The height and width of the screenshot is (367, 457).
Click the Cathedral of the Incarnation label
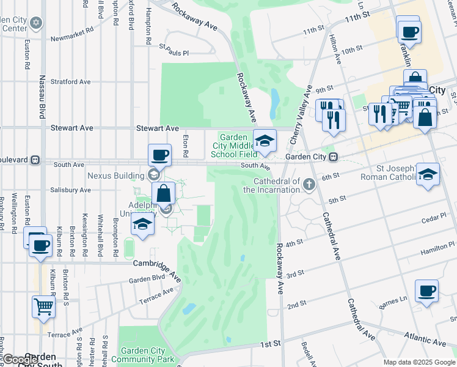coord(272,185)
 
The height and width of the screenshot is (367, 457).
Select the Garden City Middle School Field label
coord(232,146)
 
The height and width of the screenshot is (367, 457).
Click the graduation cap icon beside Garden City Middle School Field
coord(265,141)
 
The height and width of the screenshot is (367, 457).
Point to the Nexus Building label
coord(115,176)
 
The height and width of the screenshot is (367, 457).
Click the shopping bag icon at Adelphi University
coord(164,193)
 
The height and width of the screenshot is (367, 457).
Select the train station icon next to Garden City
coord(333,157)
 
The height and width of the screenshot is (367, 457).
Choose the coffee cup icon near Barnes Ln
coord(426,291)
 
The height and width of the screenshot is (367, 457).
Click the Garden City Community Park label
coord(143,355)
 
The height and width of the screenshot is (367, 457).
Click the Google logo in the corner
coord(20,360)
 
